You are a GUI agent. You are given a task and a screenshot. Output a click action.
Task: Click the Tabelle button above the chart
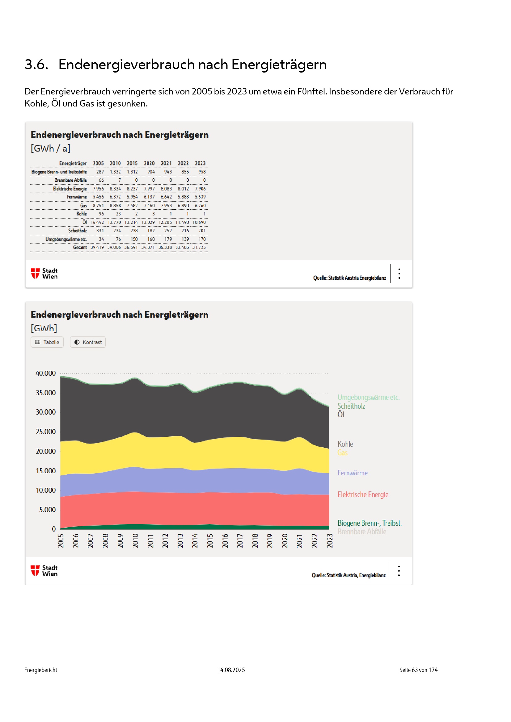(47, 342)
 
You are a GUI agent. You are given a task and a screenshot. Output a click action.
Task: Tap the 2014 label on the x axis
(195, 540)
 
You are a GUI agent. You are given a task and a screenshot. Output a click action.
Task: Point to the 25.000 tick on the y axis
(46, 432)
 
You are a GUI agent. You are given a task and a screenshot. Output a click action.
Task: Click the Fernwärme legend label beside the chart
(353, 473)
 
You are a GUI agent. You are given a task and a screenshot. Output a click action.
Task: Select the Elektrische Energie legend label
(363, 494)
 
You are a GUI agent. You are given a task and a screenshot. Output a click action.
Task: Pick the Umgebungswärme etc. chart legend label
(369, 398)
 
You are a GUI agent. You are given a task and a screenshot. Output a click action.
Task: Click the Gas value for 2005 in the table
(98, 205)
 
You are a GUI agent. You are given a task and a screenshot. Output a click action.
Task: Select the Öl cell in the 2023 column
(199, 222)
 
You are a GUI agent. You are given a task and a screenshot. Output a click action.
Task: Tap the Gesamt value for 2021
(165, 248)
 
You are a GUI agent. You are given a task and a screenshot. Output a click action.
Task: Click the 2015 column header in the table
(132, 163)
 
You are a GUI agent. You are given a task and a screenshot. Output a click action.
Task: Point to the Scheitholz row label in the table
(78, 231)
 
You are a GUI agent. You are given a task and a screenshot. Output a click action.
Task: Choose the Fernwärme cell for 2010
(115, 197)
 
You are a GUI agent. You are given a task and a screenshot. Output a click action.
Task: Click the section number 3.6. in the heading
(36, 65)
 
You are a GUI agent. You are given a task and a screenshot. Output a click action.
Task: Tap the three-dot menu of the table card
(399, 273)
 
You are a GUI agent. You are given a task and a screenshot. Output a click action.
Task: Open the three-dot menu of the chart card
(399, 571)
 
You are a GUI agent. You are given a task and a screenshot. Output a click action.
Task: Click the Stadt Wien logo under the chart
(44, 571)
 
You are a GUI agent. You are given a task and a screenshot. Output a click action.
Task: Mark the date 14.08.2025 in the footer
(231, 670)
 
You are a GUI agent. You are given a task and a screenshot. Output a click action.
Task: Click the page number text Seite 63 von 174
(418, 670)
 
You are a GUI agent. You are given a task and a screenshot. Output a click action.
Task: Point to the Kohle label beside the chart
(345, 444)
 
